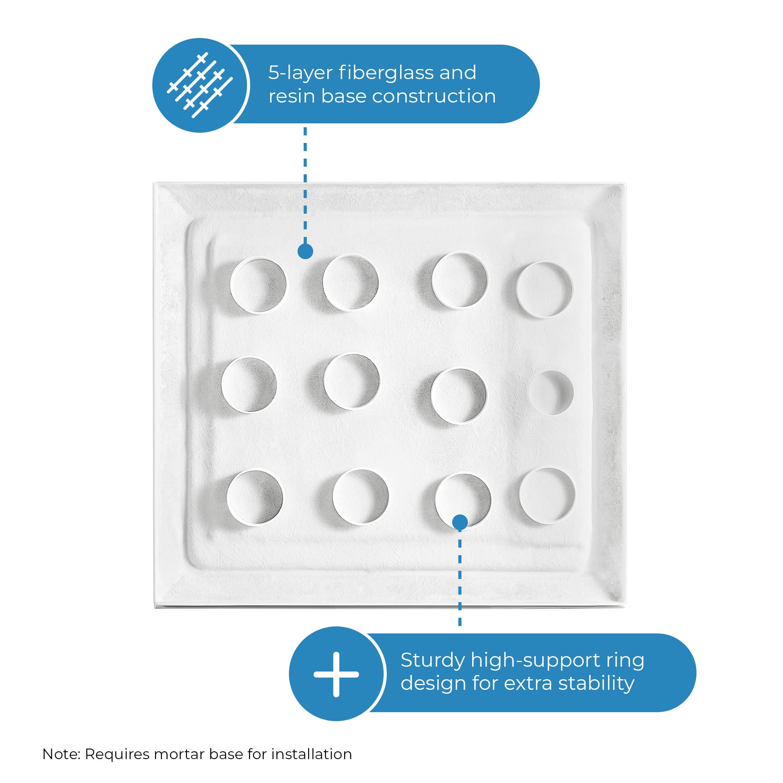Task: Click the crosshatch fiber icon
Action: [200, 85]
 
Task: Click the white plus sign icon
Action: [336, 675]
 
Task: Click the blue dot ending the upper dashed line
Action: [305, 251]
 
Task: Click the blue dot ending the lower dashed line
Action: [460, 522]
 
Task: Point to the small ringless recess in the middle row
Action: [551, 392]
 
